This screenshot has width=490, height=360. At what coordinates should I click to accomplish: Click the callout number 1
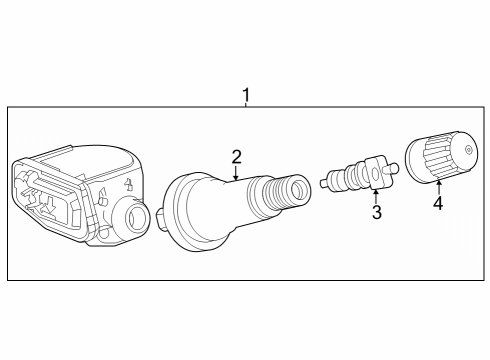click(246, 95)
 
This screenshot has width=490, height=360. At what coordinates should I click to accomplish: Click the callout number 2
click(236, 156)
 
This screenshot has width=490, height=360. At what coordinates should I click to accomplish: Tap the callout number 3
click(376, 212)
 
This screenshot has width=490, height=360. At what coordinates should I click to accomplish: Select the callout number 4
click(437, 205)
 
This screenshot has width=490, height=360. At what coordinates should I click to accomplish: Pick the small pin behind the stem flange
click(159, 213)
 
